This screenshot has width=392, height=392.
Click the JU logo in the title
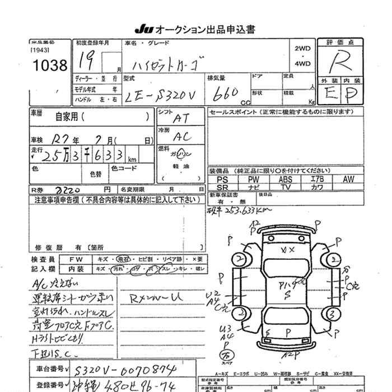tap(142, 29)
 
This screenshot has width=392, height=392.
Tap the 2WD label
tap(302, 49)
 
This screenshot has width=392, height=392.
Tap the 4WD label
tap(302, 64)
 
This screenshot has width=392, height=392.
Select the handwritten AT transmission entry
tap(180, 118)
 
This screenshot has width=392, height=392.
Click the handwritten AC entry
tap(180, 137)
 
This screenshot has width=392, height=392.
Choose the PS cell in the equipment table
tap(222, 179)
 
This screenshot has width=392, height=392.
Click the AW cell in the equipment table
tap(348, 179)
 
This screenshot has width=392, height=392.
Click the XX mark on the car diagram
tap(287, 250)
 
